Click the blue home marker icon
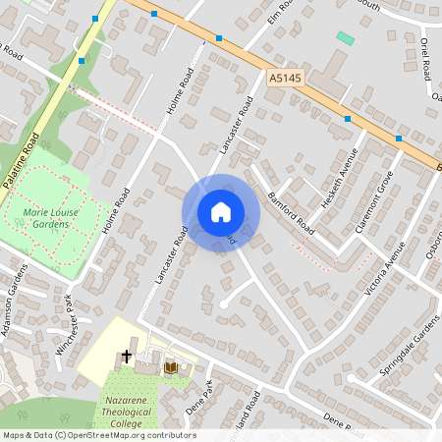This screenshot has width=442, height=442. (220, 212)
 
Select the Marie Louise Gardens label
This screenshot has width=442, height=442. (39, 218)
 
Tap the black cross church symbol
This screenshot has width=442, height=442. (127, 356)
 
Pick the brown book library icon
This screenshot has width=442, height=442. (171, 367)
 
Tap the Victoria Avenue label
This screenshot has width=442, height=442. (385, 267)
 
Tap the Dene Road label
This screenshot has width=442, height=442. (343, 423)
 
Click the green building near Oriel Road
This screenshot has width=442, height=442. (345, 38)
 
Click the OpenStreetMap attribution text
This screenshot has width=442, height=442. (98, 435)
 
